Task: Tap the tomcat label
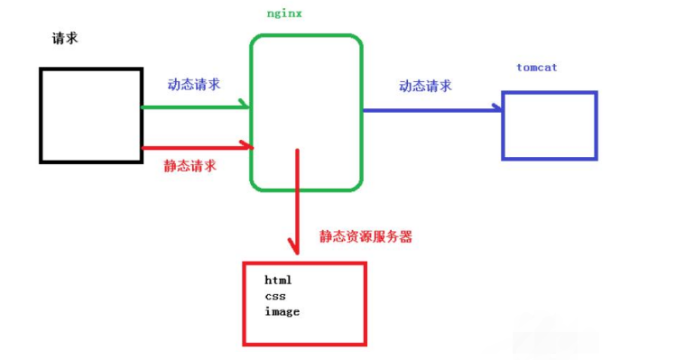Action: click(538, 68)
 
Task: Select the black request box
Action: click(90, 115)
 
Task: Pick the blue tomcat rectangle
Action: click(550, 125)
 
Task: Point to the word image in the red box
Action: click(282, 311)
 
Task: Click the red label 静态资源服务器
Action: click(366, 236)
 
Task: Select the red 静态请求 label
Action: click(190, 166)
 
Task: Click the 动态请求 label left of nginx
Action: click(194, 84)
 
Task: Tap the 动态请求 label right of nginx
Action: click(425, 87)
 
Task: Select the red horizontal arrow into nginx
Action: click(194, 146)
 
